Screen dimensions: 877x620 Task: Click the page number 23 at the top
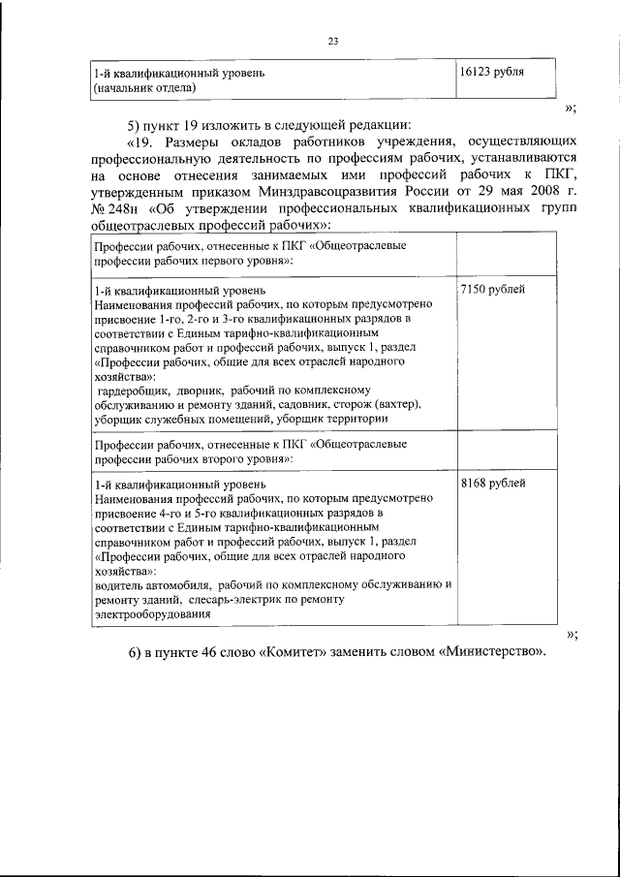point(332,41)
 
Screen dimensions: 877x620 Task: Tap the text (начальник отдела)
point(144,88)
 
